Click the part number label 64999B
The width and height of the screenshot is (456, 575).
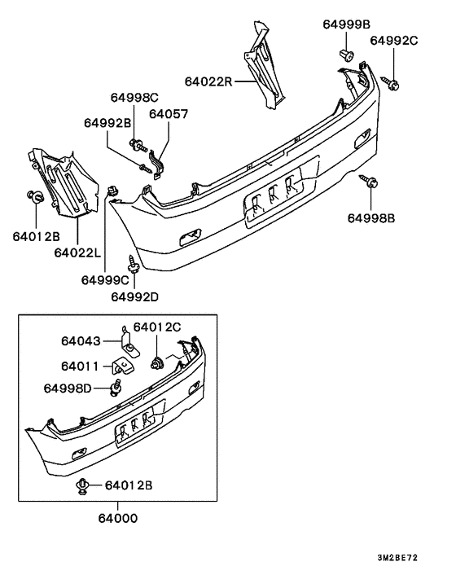[x=348, y=25]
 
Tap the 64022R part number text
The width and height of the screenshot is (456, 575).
[x=209, y=81]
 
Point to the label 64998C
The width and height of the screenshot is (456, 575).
[x=135, y=98]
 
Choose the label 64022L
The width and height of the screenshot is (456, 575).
[x=78, y=253]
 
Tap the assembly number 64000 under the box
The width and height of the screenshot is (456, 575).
[x=118, y=518]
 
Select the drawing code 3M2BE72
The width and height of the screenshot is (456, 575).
[x=397, y=560]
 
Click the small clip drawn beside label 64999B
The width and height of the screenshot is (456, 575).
[x=344, y=56]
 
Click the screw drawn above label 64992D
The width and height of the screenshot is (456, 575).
[x=133, y=261]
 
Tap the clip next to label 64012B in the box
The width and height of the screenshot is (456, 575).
[x=84, y=487]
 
